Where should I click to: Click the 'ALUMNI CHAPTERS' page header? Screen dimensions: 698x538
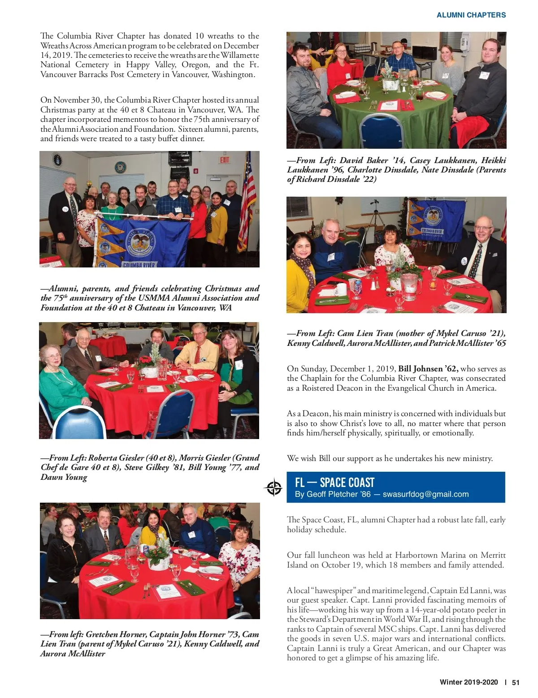(x=471, y=15)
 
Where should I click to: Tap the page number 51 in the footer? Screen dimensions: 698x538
(x=516, y=682)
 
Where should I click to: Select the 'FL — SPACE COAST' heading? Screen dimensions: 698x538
(x=334, y=483)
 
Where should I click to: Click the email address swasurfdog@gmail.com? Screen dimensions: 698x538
(x=425, y=494)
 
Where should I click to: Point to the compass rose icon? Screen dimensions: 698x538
(x=274, y=487)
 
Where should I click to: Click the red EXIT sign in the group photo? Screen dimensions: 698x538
(x=224, y=160)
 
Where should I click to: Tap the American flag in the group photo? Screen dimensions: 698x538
(x=247, y=202)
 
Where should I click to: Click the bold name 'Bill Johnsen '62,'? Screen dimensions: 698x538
(x=428, y=369)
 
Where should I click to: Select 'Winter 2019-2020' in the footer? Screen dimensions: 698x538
(x=469, y=682)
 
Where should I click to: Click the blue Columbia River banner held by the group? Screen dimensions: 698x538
(x=143, y=242)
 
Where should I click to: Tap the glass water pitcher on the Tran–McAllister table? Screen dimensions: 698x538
(x=409, y=286)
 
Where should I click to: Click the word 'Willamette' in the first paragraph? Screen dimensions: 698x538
(x=239, y=55)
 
